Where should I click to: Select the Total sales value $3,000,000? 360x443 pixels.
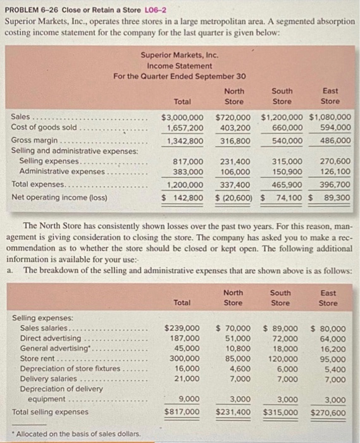(x=183, y=117)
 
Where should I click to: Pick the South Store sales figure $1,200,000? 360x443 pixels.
(x=282, y=117)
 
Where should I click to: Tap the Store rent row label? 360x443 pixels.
(x=37, y=358)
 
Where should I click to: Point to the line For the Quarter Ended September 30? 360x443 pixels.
(x=180, y=77)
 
